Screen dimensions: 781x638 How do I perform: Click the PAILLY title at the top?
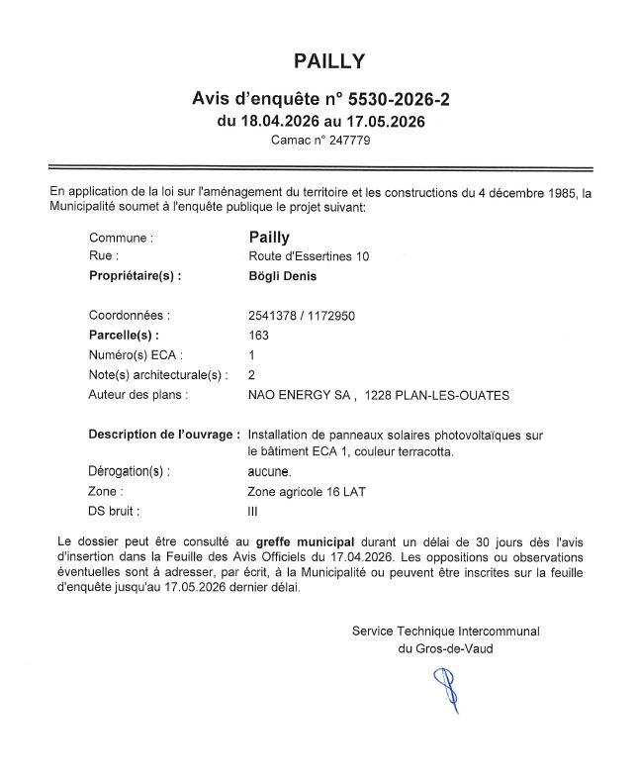(329, 61)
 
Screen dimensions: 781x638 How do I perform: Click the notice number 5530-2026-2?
(393, 100)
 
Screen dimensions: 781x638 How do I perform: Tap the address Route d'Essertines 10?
(308, 256)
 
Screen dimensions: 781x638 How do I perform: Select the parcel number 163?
(257, 336)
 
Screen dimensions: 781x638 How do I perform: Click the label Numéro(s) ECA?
(136, 355)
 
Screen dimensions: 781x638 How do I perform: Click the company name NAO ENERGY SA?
(300, 395)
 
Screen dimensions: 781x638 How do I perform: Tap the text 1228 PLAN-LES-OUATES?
(437, 395)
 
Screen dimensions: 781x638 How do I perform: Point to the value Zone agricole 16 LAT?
(307, 491)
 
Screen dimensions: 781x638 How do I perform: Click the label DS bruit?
(115, 511)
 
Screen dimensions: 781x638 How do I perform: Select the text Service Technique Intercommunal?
(445, 631)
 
